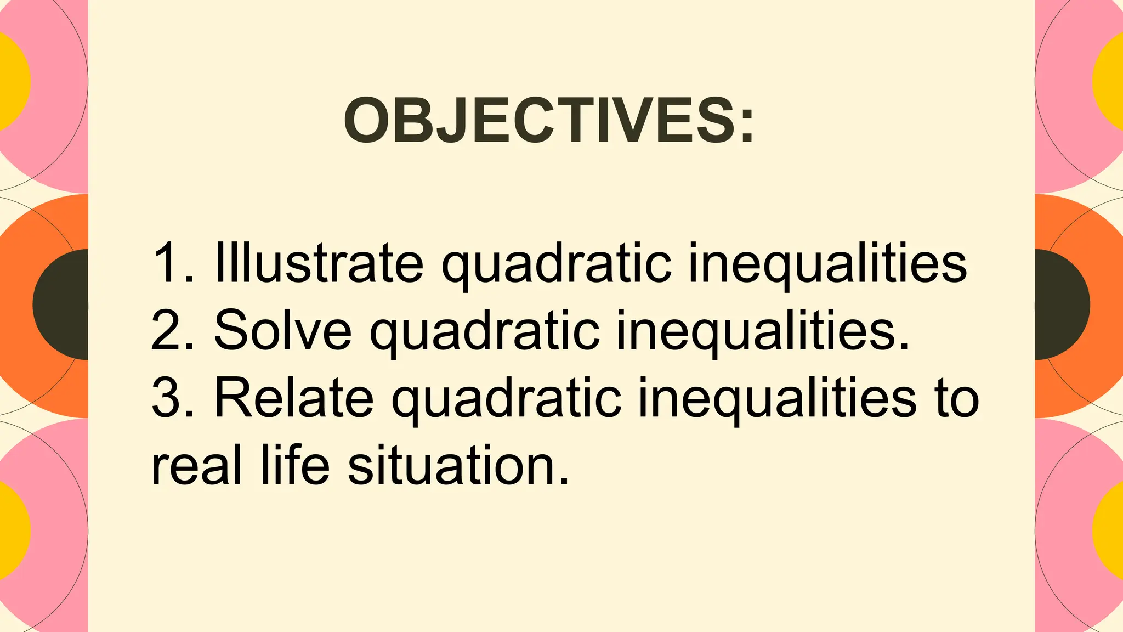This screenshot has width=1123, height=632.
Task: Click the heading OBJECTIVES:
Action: pos(549,120)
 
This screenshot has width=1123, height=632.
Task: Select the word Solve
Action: pos(282,330)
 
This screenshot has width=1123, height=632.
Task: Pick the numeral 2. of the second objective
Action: pos(172,330)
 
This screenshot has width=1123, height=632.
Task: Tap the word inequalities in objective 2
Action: pos(762,330)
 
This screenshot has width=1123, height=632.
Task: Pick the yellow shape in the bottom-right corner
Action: pos(1110,529)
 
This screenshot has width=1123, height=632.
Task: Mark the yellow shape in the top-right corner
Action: pos(1110,81)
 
